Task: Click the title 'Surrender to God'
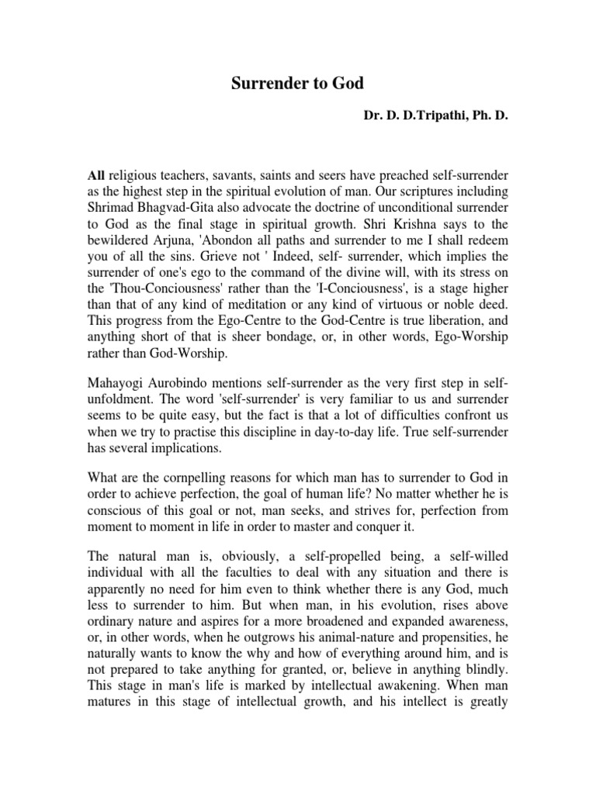[298, 85]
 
